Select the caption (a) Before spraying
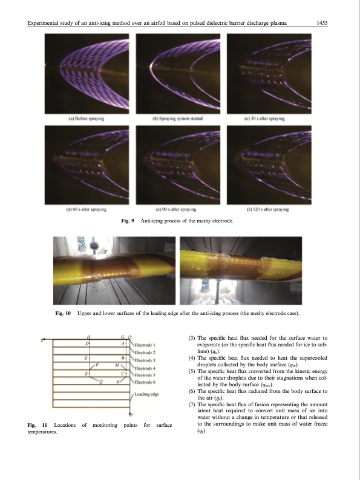pyautogui.click(x=86, y=120)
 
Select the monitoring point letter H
pyautogui.click(x=90, y=337)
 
